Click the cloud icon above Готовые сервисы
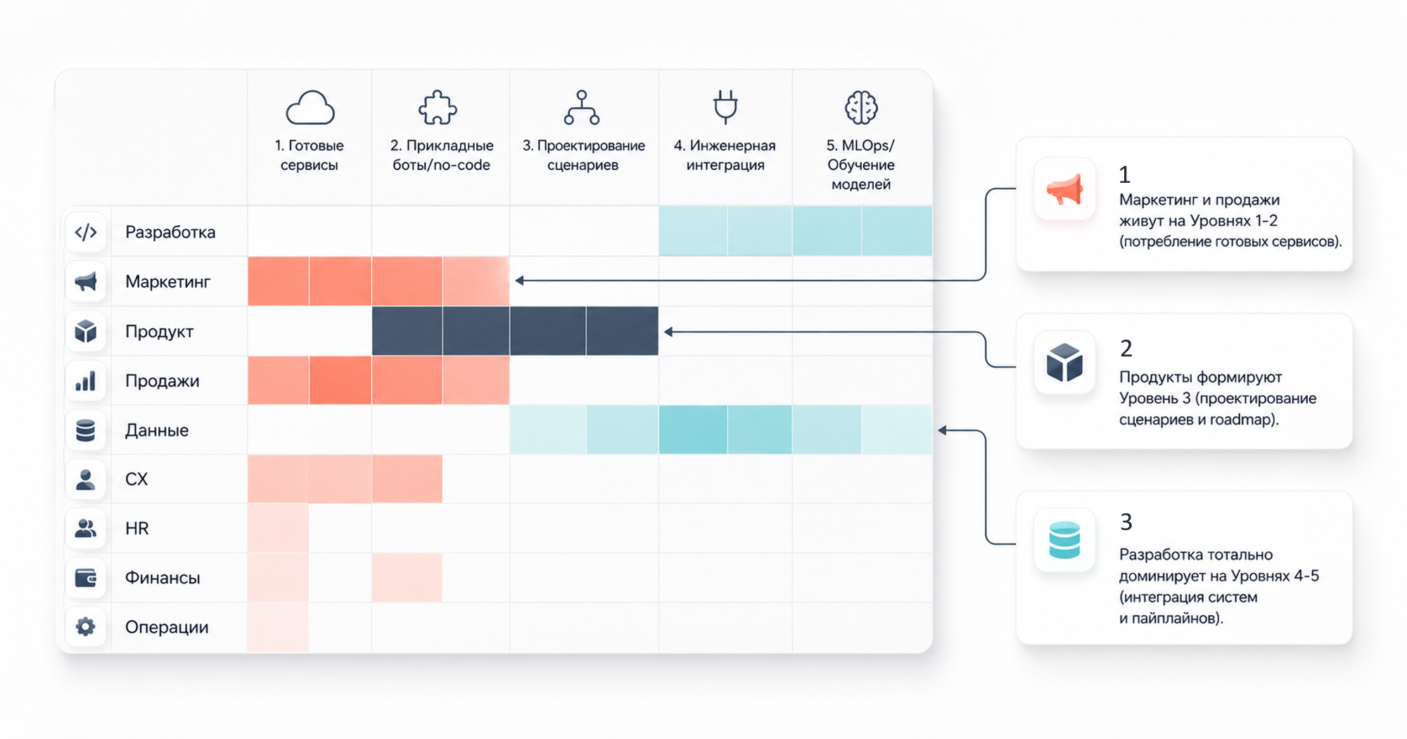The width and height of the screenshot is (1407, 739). tap(310, 108)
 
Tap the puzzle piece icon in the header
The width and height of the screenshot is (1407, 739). tap(438, 108)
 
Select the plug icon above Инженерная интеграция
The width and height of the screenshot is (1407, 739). tap(725, 107)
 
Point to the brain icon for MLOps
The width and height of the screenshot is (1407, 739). tap(861, 108)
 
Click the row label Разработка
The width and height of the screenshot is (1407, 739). tap(170, 232)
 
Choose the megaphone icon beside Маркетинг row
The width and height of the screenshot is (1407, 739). tap(86, 282)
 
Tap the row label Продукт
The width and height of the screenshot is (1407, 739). tap(159, 331)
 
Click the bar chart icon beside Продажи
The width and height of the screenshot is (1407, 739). tap(86, 381)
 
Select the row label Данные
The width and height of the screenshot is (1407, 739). tap(157, 430)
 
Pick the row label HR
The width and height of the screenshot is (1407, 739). tap(136, 529)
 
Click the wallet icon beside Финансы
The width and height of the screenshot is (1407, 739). tap(86, 578)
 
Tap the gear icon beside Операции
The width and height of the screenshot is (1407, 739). tap(86, 626)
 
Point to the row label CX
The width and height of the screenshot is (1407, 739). tap(136, 480)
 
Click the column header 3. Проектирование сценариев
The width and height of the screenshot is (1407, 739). tap(583, 155)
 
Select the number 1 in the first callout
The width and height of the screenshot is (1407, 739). tap(1124, 174)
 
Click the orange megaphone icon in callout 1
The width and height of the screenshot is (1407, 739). tap(1064, 189)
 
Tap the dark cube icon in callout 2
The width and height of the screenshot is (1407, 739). tap(1064, 362)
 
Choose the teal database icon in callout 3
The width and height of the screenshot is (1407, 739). tap(1064, 540)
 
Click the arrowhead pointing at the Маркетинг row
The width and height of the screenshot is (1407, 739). tap(519, 281)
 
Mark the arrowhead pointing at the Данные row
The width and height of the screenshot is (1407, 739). tap(943, 430)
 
